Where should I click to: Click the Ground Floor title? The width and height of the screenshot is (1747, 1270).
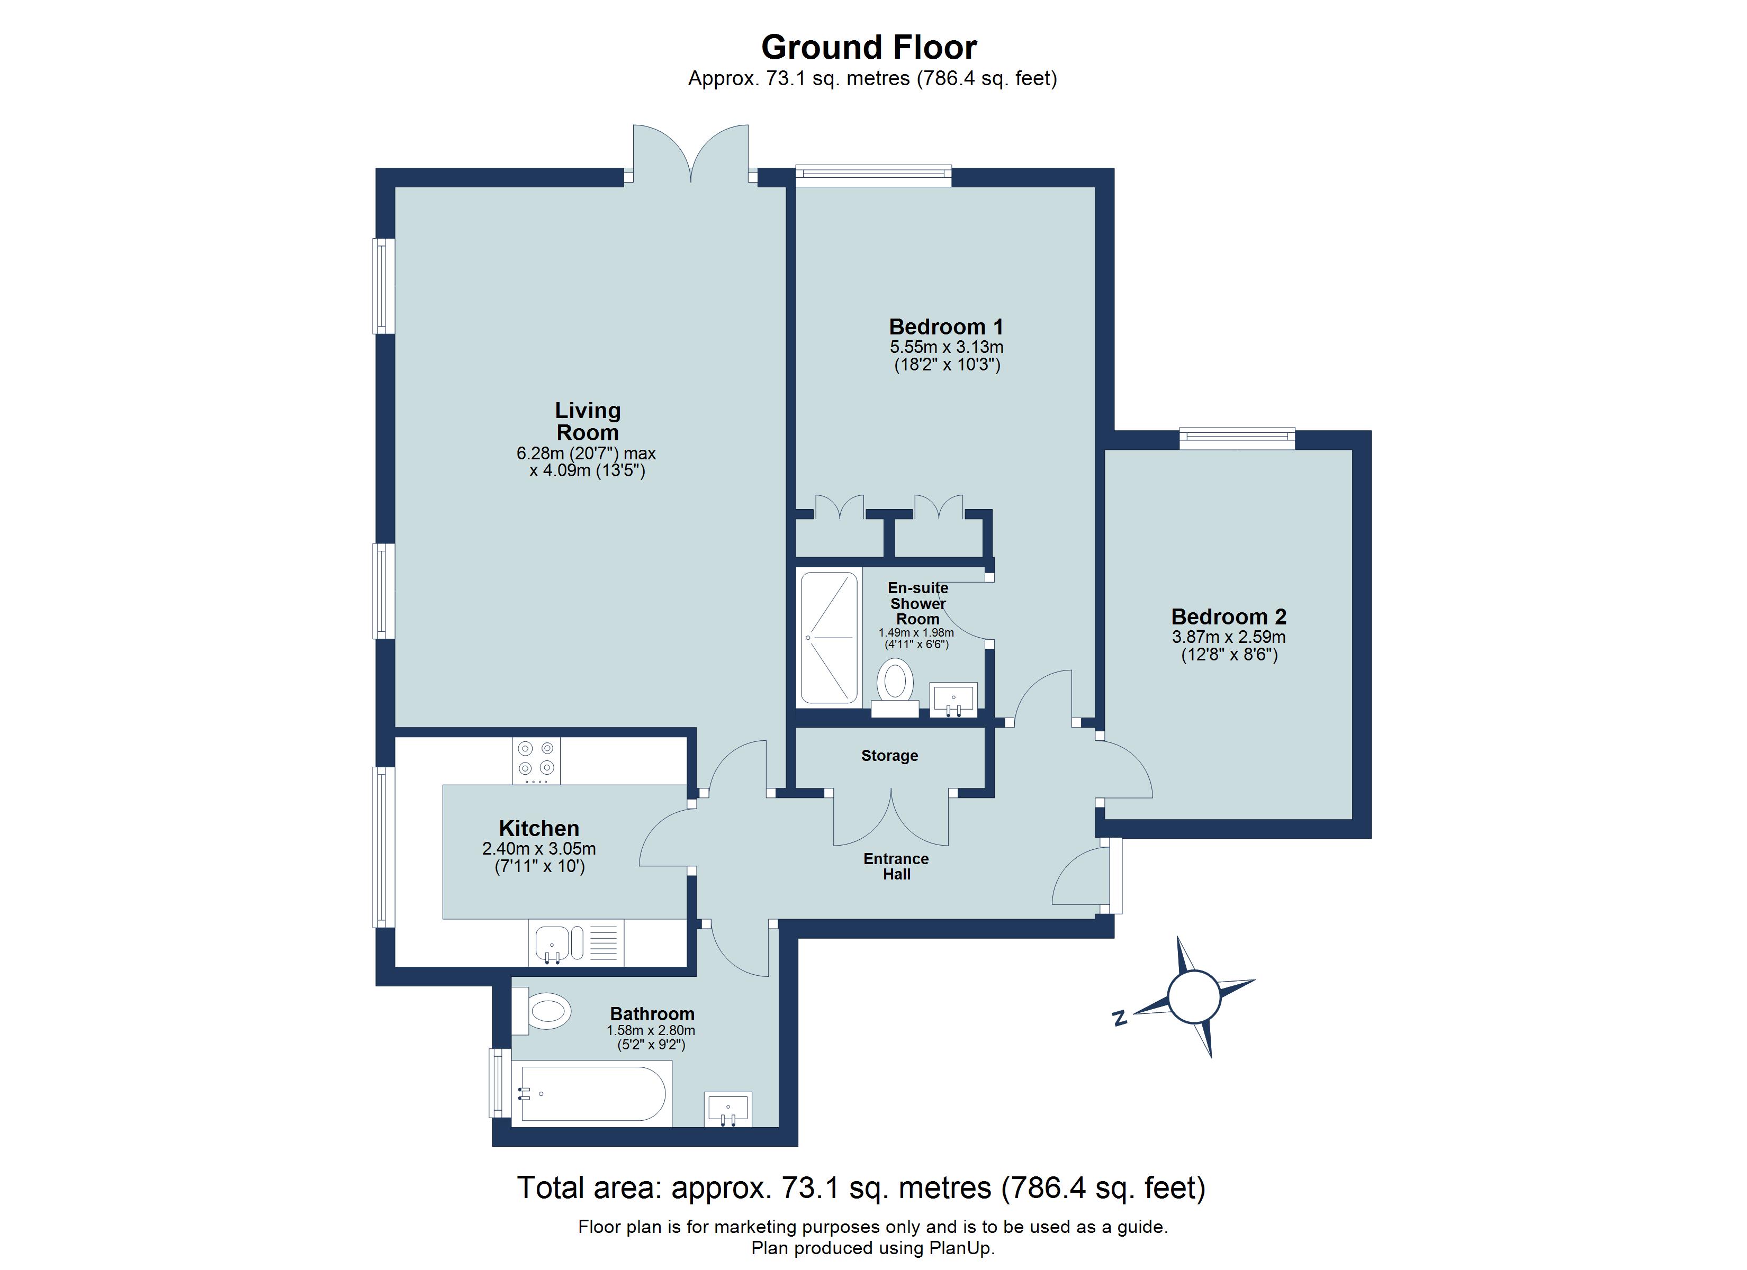pyautogui.click(x=868, y=48)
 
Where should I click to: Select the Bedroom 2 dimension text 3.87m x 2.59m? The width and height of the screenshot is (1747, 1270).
pyautogui.click(x=1229, y=637)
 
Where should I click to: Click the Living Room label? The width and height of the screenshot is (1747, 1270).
pyautogui.click(x=588, y=421)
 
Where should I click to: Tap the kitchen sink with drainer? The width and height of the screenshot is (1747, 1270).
pyautogui.click(x=575, y=944)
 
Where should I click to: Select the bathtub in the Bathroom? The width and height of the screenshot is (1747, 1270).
pyautogui.click(x=591, y=1094)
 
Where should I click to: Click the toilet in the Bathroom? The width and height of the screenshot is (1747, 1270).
pyautogui.click(x=545, y=1010)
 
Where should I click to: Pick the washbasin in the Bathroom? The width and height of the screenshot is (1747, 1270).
pyautogui.click(x=728, y=1110)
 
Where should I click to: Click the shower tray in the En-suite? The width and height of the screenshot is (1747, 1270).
pyautogui.click(x=829, y=637)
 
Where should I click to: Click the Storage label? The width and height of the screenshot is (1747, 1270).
pyautogui.click(x=890, y=756)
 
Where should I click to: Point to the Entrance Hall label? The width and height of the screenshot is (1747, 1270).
pyautogui.click(x=896, y=866)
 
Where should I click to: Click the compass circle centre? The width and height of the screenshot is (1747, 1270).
pyautogui.click(x=1194, y=996)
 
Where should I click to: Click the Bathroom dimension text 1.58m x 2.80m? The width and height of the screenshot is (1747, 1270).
pyautogui.click(x=651, y=1030)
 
